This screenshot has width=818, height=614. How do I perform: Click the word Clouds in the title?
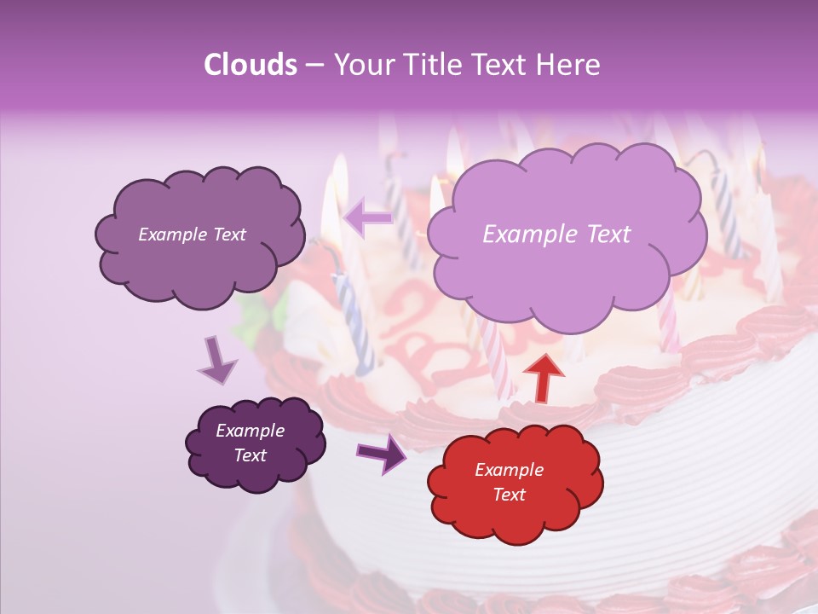pyautogui.click(x=251, y=65)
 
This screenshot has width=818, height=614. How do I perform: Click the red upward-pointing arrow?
pyautogui.click(x=543, y=375)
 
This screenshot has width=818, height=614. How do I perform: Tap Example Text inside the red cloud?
pyautogui.click(x=509, y=482)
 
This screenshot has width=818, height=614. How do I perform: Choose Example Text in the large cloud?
pyautogui.click(x=556, y=235)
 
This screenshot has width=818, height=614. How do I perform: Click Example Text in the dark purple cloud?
pyautogui.click(x=251, y=443)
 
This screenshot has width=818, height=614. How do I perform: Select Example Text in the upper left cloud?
pyautogui.click(x=192, y=235)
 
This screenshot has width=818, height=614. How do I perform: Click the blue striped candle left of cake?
pyautogui.click(x=354, y=324)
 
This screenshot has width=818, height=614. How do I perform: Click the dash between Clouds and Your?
pyautogui.click(x=314, y=66)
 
